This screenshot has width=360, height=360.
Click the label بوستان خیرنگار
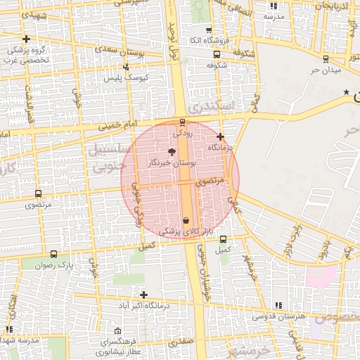tap(169, 162)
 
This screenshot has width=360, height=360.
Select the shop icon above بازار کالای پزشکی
tap(186, 220)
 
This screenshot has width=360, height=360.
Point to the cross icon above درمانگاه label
tap(220, 136)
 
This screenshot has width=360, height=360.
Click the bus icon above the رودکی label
tap(184, 122)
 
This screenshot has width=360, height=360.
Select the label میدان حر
tap(326, 70)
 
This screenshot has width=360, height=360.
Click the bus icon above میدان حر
tap(325, 59)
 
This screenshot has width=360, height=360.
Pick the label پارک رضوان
tap(57, 265)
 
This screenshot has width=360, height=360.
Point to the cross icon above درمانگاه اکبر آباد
tap(144, 295)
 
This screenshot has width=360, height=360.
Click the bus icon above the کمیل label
tap(224, 239)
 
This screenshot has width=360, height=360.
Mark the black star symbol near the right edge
tap(345, 93)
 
